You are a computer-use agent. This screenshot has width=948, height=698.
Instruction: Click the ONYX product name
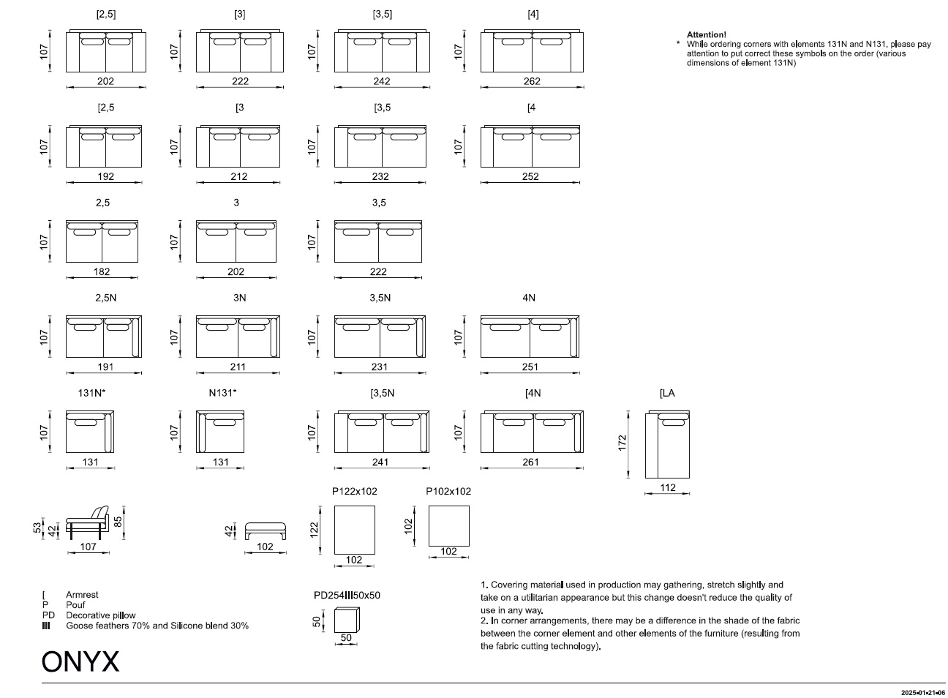tap(80, 661)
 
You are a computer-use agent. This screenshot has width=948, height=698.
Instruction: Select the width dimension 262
tap(532, 81)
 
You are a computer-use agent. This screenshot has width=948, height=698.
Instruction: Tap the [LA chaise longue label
tap(667, 393)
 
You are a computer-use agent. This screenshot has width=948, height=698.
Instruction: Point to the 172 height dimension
tap(622, 443)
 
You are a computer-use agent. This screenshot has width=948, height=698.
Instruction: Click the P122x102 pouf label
tap(354, 491)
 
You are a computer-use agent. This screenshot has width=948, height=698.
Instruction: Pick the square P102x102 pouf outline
tap(448, 526)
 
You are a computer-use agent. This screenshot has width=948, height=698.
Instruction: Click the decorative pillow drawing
tap(347, 620)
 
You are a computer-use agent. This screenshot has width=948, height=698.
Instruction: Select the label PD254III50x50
tap(347, 595)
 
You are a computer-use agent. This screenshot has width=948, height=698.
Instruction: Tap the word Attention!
tap(707, 34)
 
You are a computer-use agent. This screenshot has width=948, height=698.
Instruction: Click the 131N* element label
tap(91, 393)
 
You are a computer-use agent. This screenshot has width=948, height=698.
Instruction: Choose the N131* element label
tap(222, 393)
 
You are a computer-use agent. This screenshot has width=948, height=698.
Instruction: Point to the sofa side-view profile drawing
tap(88, 523)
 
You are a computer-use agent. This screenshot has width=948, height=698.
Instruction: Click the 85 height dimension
tap(118, 522)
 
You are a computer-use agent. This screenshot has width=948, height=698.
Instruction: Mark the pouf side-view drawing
tap(266, 530)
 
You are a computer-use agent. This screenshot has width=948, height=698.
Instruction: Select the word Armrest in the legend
tap(82, 595)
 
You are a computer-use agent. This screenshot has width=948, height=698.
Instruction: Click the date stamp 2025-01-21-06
tap(923, 693)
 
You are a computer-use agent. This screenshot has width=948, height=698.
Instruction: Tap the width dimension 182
tap(102, 271)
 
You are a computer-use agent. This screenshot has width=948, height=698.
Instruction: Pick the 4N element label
tap(529, 298)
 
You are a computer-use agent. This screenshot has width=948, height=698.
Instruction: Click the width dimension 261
tap(531, 462)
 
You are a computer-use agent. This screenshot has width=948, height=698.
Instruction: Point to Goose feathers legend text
tap(157, 626)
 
